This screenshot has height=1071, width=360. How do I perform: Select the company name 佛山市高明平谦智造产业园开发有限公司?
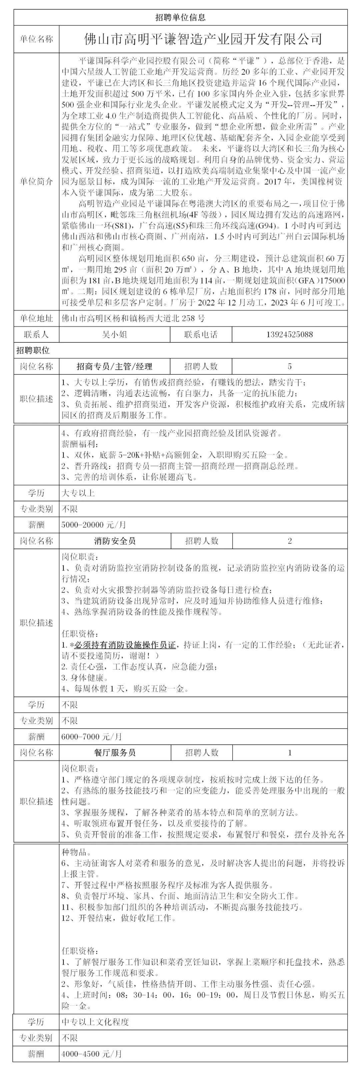pyautogui.click(x=203, y=39)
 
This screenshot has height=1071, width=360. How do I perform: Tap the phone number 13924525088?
pyautogui.click(x=289, y=334)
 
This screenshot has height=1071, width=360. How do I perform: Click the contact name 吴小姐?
pyautogui.click(x=114, y=334)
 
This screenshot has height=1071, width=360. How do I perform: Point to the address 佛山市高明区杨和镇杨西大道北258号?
pyautogui.click(x=133, y=318)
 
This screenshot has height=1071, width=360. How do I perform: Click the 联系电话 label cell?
pyautogui.click(x=201, y=334)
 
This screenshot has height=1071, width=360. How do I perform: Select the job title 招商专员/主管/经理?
pyautogui.click(x=114, y=366)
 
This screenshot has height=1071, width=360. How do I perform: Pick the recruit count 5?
pyautogui.click(x=289, y=366)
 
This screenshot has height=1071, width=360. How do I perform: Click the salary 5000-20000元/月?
pyautogui.click(x=94, y=525)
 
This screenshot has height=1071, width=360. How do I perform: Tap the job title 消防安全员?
pyautogui.click(x=115, y=541)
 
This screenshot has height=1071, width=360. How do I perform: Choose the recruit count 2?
pyautogui.click(x=290, y=541)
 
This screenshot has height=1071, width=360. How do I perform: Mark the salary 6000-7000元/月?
pyautogui.click(x=91, y=736)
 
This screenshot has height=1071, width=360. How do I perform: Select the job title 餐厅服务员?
pyautogui.click(x=115, y=752)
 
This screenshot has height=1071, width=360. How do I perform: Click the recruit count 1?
pyautogui.click(x=290, y=752)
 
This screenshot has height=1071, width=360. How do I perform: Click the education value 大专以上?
pyautogui.click(x=78, y=493)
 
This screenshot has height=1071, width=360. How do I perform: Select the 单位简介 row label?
pyautogui.click(x=37, y=182)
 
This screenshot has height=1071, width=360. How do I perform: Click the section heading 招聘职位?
pyautogui.click(x=33, y=350)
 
